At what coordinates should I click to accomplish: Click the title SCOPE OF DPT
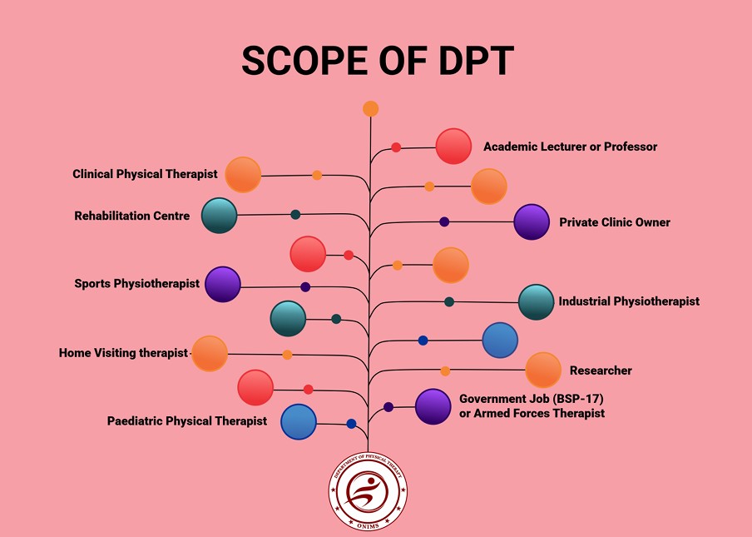(x=378, y=61)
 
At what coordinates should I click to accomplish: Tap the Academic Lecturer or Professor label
(x=570, y=147)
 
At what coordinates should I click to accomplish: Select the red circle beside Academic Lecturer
(x=453, y=147)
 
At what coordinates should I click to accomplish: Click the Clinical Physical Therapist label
(x=145, y=174)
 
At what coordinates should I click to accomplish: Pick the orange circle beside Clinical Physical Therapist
(x=243, y=175)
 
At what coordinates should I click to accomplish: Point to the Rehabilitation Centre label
(x=131, y=216)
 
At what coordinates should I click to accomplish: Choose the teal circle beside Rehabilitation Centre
(x=220, y=216)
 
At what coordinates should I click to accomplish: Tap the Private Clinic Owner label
(x=614, y=222)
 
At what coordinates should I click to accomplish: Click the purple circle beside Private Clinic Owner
(x=532, y=222)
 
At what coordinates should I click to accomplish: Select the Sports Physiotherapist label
(x=136, y=283)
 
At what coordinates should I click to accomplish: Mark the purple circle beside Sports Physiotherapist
(x=223, y=284)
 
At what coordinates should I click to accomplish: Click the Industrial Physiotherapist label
(x=629, y=301)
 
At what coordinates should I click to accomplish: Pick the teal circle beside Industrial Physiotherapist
(x=537, y=302)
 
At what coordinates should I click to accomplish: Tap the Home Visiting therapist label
(x=123, y=353)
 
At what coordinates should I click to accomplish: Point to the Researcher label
(x=601, y=370)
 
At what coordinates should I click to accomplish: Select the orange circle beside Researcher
(x=543, y=370)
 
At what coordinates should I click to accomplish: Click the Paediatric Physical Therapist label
(x=187, y=421)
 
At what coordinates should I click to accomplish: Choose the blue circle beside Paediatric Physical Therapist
(x=299, y=421)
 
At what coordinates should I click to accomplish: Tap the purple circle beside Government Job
(x=433, y=406)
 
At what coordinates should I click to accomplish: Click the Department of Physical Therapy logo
(x=368, y=491)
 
